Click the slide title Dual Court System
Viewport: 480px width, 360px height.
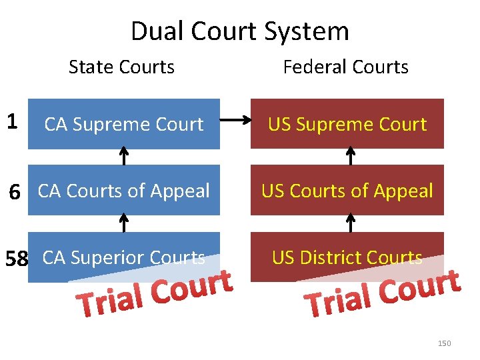239,31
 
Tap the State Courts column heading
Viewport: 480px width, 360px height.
121,67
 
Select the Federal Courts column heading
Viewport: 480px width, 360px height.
345,67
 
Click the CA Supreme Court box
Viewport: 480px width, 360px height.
123,124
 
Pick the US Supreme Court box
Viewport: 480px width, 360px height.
347,124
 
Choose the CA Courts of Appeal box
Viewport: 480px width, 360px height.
123,191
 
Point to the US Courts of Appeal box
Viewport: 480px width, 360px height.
347,191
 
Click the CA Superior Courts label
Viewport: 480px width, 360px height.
123,257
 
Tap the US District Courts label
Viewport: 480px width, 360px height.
347,257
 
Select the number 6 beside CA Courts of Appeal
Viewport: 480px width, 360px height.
14,193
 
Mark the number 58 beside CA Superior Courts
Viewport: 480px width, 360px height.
16,258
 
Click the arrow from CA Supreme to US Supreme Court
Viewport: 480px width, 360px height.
235,121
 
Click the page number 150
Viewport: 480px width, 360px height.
444,343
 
